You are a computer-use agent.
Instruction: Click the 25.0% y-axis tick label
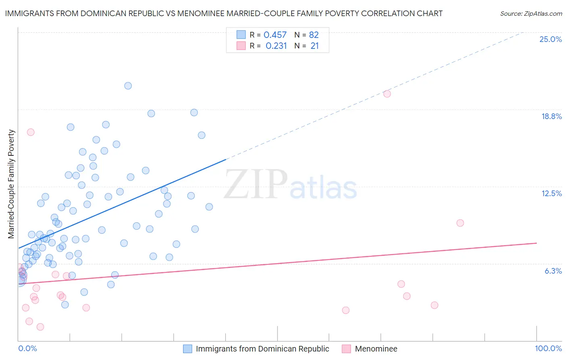click(550, 39)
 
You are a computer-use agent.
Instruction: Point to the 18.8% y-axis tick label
click(551, 116)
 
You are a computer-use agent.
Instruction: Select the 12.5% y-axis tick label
click(551, 193)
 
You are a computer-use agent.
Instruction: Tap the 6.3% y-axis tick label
click(553, 271)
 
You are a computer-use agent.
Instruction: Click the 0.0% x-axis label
click(27, 348)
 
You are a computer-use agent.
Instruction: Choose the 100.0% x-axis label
click(548, 348)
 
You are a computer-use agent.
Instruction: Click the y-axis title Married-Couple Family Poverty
click(11, 184)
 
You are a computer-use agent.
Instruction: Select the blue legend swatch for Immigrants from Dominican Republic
click(188, 349)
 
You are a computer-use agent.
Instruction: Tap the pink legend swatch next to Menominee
click(346, 349)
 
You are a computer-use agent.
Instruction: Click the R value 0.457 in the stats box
click(275, 35)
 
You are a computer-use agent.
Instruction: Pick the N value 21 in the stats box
click(315, 46)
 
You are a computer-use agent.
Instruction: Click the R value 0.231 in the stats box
click(276, 46)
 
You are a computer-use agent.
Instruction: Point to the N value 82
click(314, 35)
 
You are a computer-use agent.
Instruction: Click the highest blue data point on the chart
click(128, 86)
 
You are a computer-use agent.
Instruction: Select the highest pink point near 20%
click(387, 94)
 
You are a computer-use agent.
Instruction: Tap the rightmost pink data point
click(460, 223)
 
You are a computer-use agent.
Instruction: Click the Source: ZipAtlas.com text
click(531, 14)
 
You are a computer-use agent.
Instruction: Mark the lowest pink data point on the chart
click(40, 327)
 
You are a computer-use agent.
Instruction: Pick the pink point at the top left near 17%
click(31, 132)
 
